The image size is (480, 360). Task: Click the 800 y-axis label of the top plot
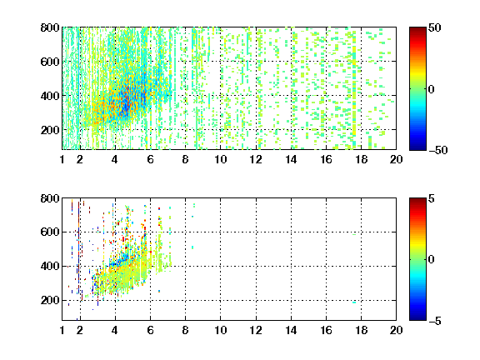click(50, 27)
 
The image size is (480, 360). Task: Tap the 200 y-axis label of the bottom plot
click(50, 300)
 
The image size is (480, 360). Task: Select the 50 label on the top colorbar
click(435, 27)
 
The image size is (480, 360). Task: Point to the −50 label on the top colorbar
click(437, 150)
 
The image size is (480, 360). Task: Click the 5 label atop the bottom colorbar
click(432, 198)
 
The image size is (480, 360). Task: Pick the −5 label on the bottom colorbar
click(434, 321)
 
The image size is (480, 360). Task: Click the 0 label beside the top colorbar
click(432, 89)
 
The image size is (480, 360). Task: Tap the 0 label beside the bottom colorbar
click(432, 260)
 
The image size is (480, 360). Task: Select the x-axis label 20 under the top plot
click(396, 159)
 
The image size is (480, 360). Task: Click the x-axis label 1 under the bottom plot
click(62, 330)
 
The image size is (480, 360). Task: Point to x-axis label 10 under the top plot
click(220, 159)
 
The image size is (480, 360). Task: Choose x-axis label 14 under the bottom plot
click(291, 330)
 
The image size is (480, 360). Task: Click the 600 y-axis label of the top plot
click(50, 62)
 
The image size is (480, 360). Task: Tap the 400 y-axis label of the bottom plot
click(50, 266)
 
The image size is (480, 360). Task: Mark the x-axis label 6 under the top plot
click(150, 159)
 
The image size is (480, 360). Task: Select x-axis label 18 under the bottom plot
click(361, 330)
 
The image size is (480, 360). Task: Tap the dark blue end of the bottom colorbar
click(417, 317)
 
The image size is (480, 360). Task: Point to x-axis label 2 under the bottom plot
click(80, 330)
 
